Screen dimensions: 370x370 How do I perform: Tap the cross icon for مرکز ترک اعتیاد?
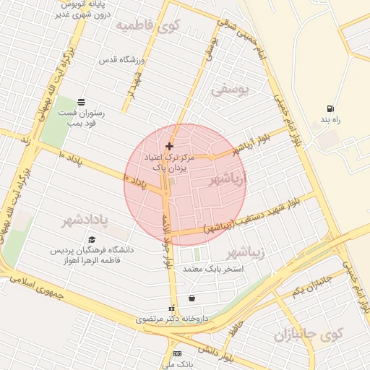point(170,146)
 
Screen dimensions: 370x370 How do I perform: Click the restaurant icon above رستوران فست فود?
point(81,102)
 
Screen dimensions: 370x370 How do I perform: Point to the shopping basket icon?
point(192,298)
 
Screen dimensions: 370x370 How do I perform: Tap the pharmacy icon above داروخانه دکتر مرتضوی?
point(172,307)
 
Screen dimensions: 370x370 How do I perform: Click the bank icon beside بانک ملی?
point(177,354)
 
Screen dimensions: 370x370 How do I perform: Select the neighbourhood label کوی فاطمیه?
point(147,27)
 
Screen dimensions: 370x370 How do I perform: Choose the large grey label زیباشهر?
point(246,252)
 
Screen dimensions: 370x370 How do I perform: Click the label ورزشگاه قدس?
point(122,60)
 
